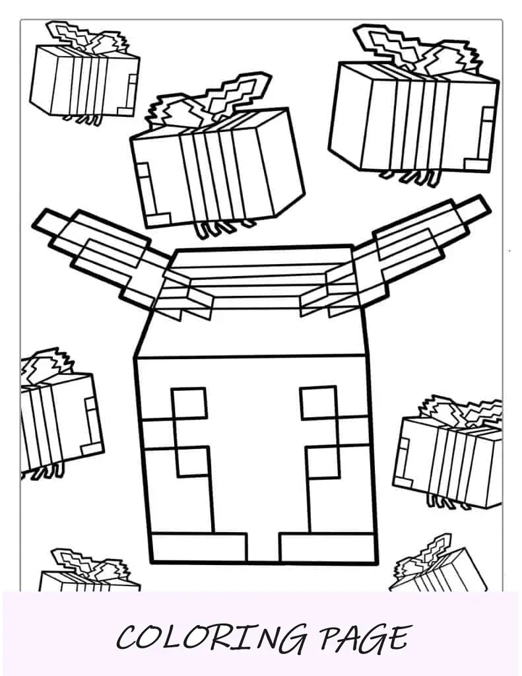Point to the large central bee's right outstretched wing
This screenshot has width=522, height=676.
[x=395, y=259]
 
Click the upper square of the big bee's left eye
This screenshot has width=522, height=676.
[x=189, y=403]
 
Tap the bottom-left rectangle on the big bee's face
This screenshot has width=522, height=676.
[x=199, y=547]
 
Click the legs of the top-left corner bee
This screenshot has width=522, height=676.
[x=82, y=119]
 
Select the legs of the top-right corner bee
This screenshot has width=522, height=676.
[x=410, y=178]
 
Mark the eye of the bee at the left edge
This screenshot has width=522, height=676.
[x=91, y=424]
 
